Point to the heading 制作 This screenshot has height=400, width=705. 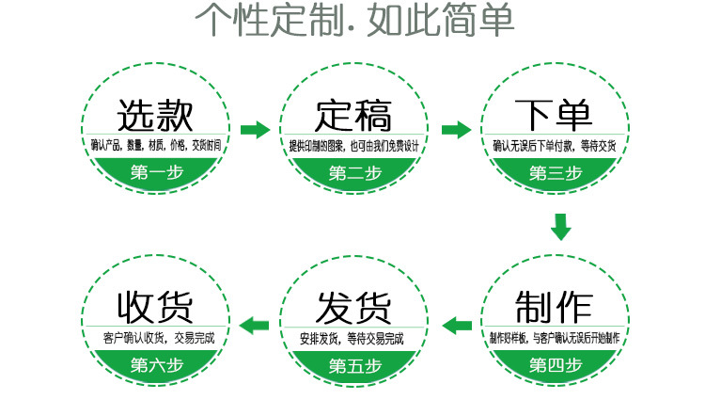(555, 306)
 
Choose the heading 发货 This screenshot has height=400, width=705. (352, 306)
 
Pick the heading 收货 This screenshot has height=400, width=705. (154, 306)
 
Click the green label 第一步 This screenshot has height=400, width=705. (156, 173)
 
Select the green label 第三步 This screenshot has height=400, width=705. (556, 173)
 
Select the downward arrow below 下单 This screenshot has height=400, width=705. (560, 227)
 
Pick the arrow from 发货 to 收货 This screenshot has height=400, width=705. (255, 326)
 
